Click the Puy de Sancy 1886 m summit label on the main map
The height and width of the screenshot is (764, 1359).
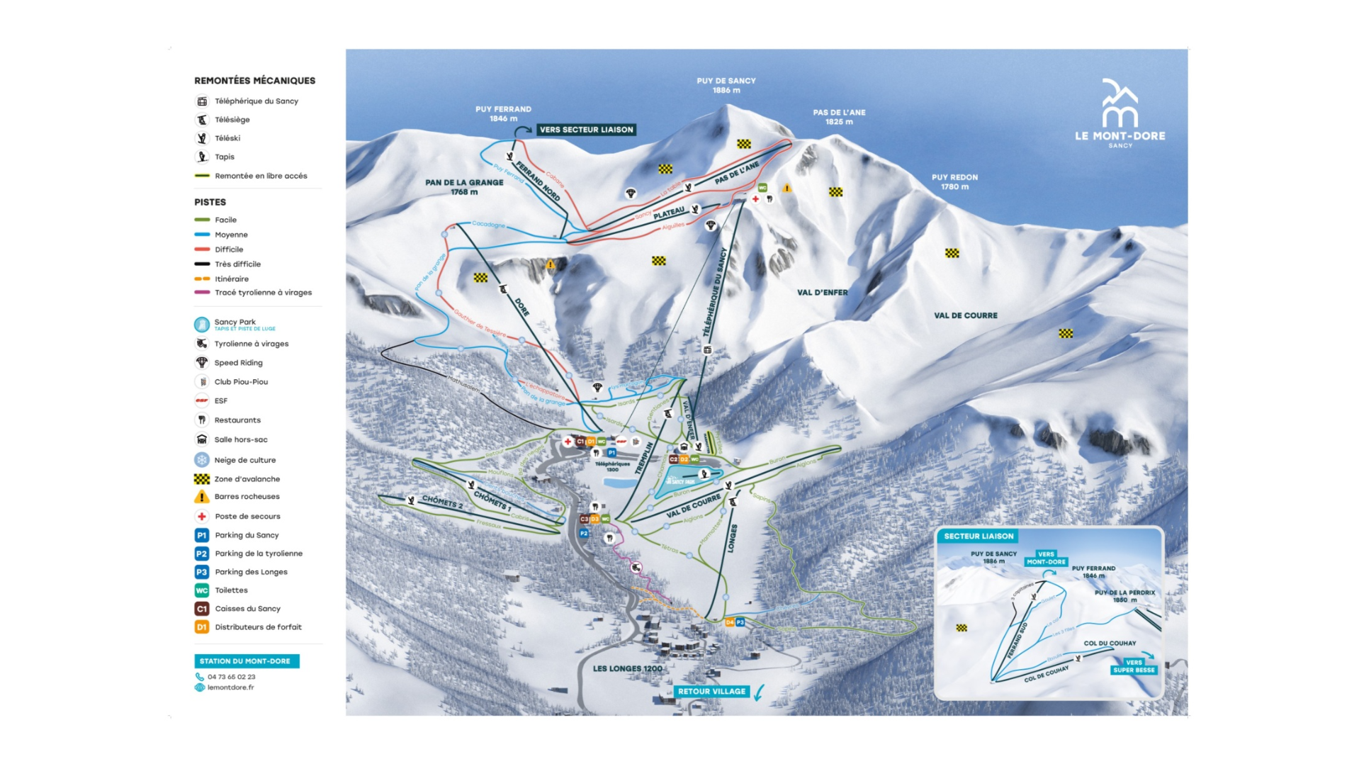click(726, 85)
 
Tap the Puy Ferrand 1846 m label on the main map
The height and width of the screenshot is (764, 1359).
click(503, 113)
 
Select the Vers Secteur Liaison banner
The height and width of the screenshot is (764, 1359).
click(586, 130)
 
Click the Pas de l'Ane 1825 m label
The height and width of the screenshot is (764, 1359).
click(839, 117)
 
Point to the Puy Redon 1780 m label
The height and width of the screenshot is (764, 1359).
click(954, 182)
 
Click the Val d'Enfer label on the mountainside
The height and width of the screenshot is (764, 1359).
click(822, 292)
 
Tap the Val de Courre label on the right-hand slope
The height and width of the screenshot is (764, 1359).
click(965, 315)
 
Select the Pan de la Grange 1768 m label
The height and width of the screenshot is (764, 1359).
click(464, 186)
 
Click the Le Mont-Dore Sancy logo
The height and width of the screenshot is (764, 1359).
click(1120, 113)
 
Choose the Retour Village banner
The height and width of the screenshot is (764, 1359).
click(711, 692)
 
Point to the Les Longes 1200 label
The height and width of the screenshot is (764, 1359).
click(628, 668)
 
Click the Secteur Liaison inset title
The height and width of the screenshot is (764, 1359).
click(979, 537)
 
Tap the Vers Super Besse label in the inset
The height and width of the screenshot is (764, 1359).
click(1134, 666)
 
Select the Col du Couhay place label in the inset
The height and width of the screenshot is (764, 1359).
click(1110, 644)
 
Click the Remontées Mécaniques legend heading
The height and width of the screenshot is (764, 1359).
click(254, 81)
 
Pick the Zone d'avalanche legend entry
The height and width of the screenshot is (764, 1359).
click(247, 479)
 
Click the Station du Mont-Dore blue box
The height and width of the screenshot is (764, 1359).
click(245, 661)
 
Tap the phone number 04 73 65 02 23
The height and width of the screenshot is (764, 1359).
click(231, 677)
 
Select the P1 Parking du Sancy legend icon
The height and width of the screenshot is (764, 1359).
click(202, 535)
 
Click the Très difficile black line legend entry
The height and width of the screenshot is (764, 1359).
click(237, 264)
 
